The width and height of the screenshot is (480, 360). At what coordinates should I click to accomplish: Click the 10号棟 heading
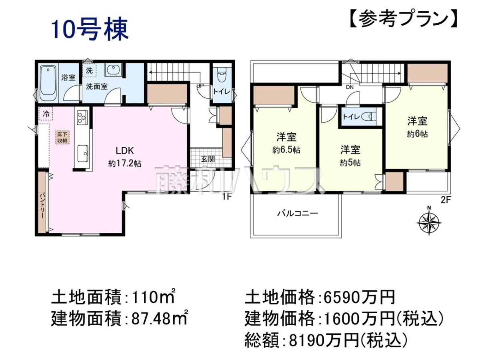coord(90,30)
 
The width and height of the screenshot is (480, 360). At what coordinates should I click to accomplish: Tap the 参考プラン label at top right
coord(404,20)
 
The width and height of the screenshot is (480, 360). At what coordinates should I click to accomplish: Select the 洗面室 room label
coord(96,86)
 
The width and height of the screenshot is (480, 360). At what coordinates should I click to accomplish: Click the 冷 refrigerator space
coord(46,114)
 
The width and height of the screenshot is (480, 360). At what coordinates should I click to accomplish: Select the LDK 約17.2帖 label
coord(124,156)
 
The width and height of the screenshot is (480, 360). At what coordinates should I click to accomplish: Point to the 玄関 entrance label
coord(208,159)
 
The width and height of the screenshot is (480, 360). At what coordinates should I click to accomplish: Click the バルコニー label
coord(298,213)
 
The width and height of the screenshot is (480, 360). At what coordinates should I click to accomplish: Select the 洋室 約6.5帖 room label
coord(286,143)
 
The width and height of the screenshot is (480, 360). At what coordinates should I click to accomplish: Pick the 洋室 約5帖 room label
coord(350,156)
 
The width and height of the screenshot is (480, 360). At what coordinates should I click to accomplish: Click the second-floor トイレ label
coord(351,117)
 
